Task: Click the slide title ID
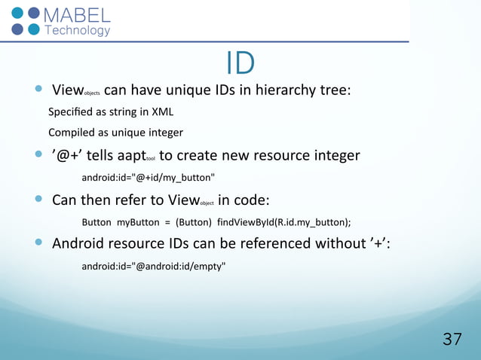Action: click(240, 63)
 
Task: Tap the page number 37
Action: click(452, 339)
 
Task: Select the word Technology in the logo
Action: click(78, 31)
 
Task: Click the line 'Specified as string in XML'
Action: click(111, 112)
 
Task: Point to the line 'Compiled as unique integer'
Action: click(115, 133)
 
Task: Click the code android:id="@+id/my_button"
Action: click(148, 178)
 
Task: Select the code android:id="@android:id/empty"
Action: click(153, 266)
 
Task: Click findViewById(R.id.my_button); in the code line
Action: click(283, 222)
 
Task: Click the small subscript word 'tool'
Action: click(150, 159)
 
